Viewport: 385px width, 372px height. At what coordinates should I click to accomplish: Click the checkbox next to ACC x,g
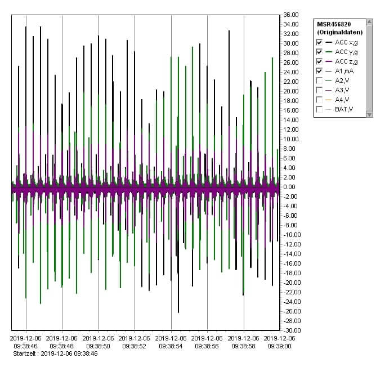coord(320,42)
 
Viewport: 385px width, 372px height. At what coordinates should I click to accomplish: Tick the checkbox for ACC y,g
coord(320,52)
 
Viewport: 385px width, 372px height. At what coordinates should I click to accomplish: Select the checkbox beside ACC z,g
coord(320,61)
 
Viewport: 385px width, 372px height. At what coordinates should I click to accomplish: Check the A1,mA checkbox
coord(320,71)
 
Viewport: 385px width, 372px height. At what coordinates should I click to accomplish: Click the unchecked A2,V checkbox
coord(320,80)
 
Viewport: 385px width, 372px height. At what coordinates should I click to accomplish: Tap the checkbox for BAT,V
coord(320,109)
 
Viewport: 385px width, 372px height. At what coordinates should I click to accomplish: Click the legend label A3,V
coord(342,90)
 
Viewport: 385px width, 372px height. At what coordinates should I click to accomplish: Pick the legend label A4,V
coord(342,100)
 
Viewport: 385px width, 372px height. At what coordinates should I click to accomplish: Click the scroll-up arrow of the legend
coord(369,23)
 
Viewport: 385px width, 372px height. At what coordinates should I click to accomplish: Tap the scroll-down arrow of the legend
coord(369,114)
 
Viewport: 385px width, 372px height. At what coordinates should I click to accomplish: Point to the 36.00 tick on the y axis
coord(291,15)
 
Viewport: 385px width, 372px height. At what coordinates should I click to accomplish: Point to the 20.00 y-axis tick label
coord(291,91)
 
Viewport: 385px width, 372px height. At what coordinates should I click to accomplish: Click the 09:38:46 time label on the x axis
coord(26,345)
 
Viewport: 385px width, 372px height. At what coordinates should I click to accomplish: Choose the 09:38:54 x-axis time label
coord(171,345)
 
